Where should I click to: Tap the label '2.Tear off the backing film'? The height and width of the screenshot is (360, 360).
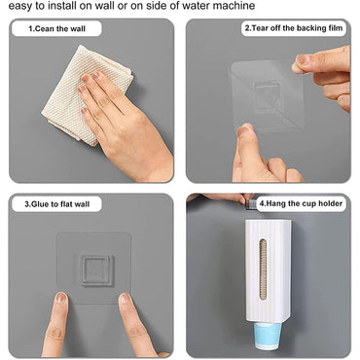pos(293,30)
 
